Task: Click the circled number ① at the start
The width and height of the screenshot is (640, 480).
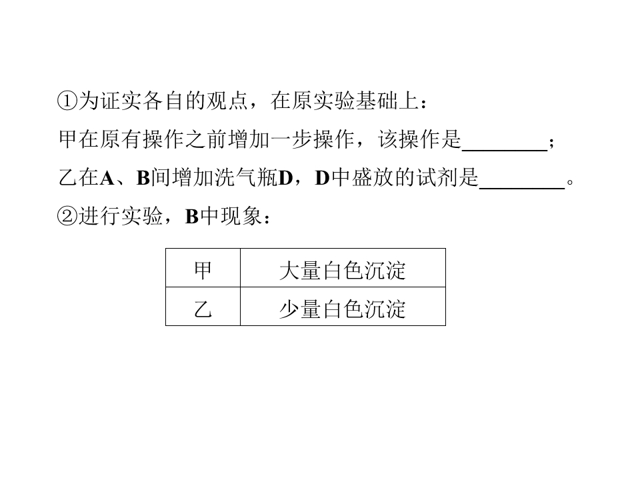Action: coord(67,101)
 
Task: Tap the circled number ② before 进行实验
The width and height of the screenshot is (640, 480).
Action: coord(67,216)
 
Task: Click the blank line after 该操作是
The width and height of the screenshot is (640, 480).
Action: coord(505,151)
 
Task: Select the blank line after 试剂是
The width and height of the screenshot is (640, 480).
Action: coord(522,189)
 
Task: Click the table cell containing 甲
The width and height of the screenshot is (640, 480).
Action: coord(203,268)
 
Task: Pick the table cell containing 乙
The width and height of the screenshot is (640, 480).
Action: coord(203,307)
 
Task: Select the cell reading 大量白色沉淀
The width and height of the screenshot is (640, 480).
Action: coord(343,268)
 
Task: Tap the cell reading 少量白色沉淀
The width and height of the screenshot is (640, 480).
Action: coord(343,307)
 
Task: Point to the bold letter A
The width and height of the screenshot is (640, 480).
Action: coord(107,179)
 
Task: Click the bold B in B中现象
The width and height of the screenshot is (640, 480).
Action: coord(192,217)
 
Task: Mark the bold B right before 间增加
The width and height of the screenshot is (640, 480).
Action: coord(143,179)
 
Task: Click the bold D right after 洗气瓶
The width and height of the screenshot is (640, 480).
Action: coord(286,179)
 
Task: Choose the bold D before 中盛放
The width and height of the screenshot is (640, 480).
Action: coord(323,179)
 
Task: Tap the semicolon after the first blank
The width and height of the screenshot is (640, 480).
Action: coord(551,143)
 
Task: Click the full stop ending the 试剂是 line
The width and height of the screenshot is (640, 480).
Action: coord(570,182)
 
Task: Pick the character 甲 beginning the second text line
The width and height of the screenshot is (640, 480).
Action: coord(68,139)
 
